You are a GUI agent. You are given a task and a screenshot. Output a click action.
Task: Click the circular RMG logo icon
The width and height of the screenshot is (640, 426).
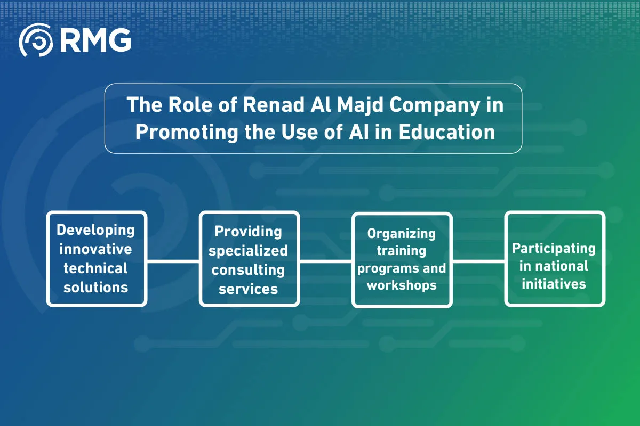(x=36, y=40)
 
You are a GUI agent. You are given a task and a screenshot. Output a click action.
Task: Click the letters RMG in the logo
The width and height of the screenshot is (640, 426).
(x=95, y=40)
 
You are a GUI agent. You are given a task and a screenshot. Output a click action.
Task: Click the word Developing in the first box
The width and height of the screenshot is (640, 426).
(x=96, y=230)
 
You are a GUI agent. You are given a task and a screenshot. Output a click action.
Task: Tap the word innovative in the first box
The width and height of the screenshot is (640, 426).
(x=96, y=249)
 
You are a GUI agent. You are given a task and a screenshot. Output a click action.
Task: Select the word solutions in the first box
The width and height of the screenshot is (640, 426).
(x=96, y=288)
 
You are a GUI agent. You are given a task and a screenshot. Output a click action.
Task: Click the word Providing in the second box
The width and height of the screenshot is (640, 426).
(x=249, y=231)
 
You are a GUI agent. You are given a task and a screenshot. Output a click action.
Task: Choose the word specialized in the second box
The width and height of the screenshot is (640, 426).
(x=249, y=250)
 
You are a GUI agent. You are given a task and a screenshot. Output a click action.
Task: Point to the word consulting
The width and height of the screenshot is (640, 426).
(x=249, y=269)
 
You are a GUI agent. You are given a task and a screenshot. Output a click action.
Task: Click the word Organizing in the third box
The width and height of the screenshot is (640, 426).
(x=402, y=233)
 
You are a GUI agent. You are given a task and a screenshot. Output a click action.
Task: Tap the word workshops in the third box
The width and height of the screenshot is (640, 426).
(x=402, y=285)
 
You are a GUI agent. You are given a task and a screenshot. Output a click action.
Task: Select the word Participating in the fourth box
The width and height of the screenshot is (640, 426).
(x=554, y=248)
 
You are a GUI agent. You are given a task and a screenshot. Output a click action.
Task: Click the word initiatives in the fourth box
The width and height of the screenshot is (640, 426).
(x=554, y=283)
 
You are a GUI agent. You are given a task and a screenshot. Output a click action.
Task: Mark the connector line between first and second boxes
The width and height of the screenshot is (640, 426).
(x=173, y=261)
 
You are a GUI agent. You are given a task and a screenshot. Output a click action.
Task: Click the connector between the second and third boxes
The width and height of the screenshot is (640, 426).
(x=325, y=261)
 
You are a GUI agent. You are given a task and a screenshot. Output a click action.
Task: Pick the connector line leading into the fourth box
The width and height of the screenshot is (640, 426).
(x=478, y=261)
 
